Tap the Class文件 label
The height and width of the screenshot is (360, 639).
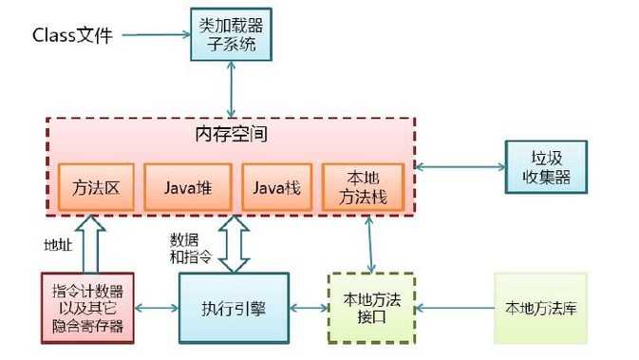click(x=73, y=36)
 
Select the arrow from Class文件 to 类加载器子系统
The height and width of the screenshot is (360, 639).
click(x=157, y=36)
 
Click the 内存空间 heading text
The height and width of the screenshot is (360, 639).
click(x=231, y=134)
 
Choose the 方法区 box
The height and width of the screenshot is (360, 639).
click(x=95, y=187)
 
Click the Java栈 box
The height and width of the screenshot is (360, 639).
click(x=276, y=187)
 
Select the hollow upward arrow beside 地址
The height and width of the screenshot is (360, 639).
click(x=95, y=243)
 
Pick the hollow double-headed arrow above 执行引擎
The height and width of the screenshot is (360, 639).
click(x=233, y=243)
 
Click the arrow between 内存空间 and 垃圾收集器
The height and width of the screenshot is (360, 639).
click(x=460, y=166)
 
